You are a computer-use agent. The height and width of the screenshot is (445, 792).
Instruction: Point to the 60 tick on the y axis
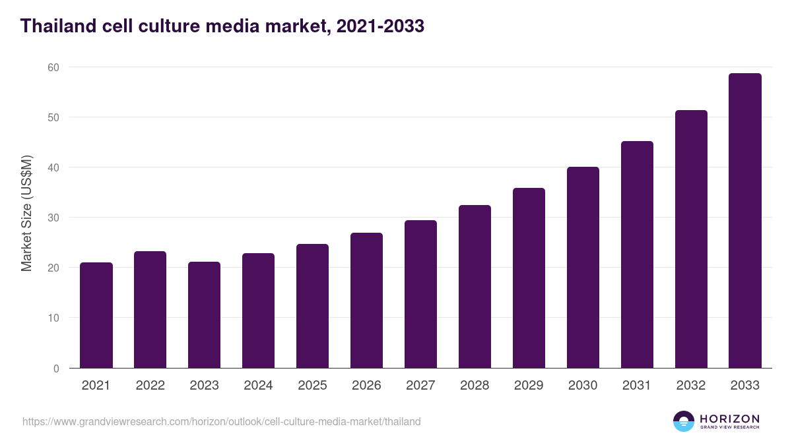coord(53,67)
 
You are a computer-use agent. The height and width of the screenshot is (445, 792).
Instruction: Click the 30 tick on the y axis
coord(53,218)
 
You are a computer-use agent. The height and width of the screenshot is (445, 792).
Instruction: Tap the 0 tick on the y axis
coord(56,369)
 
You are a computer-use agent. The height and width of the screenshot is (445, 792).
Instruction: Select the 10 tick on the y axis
coord(53,318)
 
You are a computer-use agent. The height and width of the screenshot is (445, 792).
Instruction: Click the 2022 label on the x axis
coord(150,386)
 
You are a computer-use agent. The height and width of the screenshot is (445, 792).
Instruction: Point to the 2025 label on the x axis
coord(312,386)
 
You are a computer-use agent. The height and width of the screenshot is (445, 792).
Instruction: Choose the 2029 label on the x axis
coord(529,386)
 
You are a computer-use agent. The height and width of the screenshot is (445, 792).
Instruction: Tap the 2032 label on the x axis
coord(691,386)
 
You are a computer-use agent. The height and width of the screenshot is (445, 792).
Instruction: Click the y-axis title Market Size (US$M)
coord(26,213)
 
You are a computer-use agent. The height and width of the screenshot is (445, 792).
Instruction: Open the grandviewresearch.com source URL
coord(221,421)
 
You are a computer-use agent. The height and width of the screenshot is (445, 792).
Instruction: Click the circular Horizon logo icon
coord(684,421)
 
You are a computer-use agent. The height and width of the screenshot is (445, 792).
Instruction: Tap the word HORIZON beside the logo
coord(729,419)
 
